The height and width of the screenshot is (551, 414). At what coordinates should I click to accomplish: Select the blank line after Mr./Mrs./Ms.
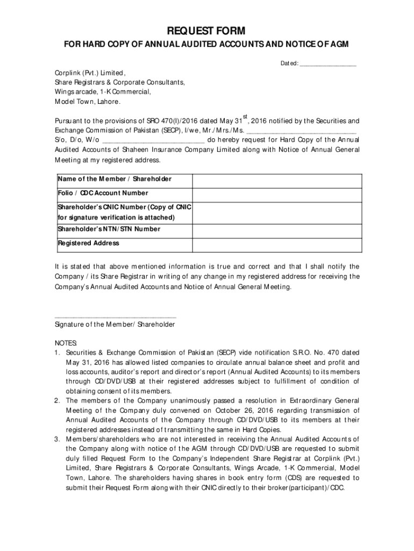pyautogui.click(x=301, y=131)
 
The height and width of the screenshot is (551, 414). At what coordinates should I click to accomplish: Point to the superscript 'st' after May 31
pyautogui.click(x=245, y=116)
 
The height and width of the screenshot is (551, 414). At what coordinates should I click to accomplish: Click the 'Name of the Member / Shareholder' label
pyautogui.click(x=115, y=179)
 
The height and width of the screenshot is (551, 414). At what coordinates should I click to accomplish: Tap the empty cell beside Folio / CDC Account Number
pyautogui.click(x=277, y=194)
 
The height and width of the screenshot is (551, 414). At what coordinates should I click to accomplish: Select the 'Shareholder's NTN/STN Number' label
pyautogui.click(x=109, y=229)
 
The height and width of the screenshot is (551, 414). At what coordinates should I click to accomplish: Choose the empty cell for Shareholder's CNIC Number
pyautogui.click(x=277, y=213)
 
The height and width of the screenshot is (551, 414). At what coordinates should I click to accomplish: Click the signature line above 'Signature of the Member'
pyautogui.click(x=116, y=317)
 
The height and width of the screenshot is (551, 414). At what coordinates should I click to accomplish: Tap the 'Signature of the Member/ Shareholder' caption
pyautogui.click(x=115, y=325)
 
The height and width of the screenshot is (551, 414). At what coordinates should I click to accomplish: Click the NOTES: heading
pyautogui.click(x=66, y=343)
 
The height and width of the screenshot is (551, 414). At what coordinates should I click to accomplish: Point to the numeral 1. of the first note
pyautogui.click(x=57, y=353)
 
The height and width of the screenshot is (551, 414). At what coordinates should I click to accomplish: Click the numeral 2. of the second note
pyautogui.click(x=57, y=401)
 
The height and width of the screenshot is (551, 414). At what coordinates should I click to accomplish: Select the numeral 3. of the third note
pyautogui.click(x=57, y=440)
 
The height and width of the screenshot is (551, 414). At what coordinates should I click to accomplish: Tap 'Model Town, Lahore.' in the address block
pyautogui.click(x=88, y=102)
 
